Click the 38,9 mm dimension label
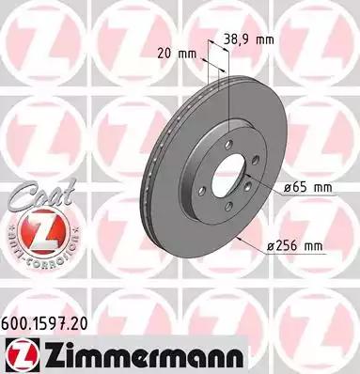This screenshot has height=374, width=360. (249, 39)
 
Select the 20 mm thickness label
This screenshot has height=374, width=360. (177, 54)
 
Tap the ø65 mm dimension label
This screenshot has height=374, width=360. (307, 188)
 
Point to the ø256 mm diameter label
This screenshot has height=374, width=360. (294, 246)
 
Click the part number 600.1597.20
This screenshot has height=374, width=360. (44, 323)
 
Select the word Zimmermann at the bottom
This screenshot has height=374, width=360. (143, 356)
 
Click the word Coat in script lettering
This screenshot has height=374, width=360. (41, 195)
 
